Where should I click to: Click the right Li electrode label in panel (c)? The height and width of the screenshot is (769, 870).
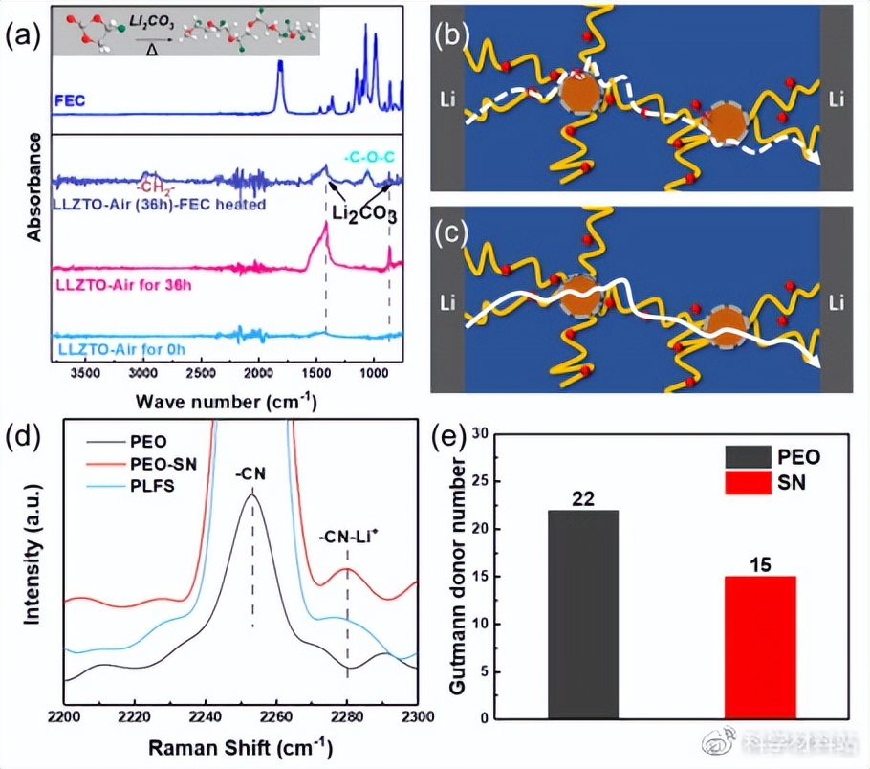(x=837, y=303)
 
